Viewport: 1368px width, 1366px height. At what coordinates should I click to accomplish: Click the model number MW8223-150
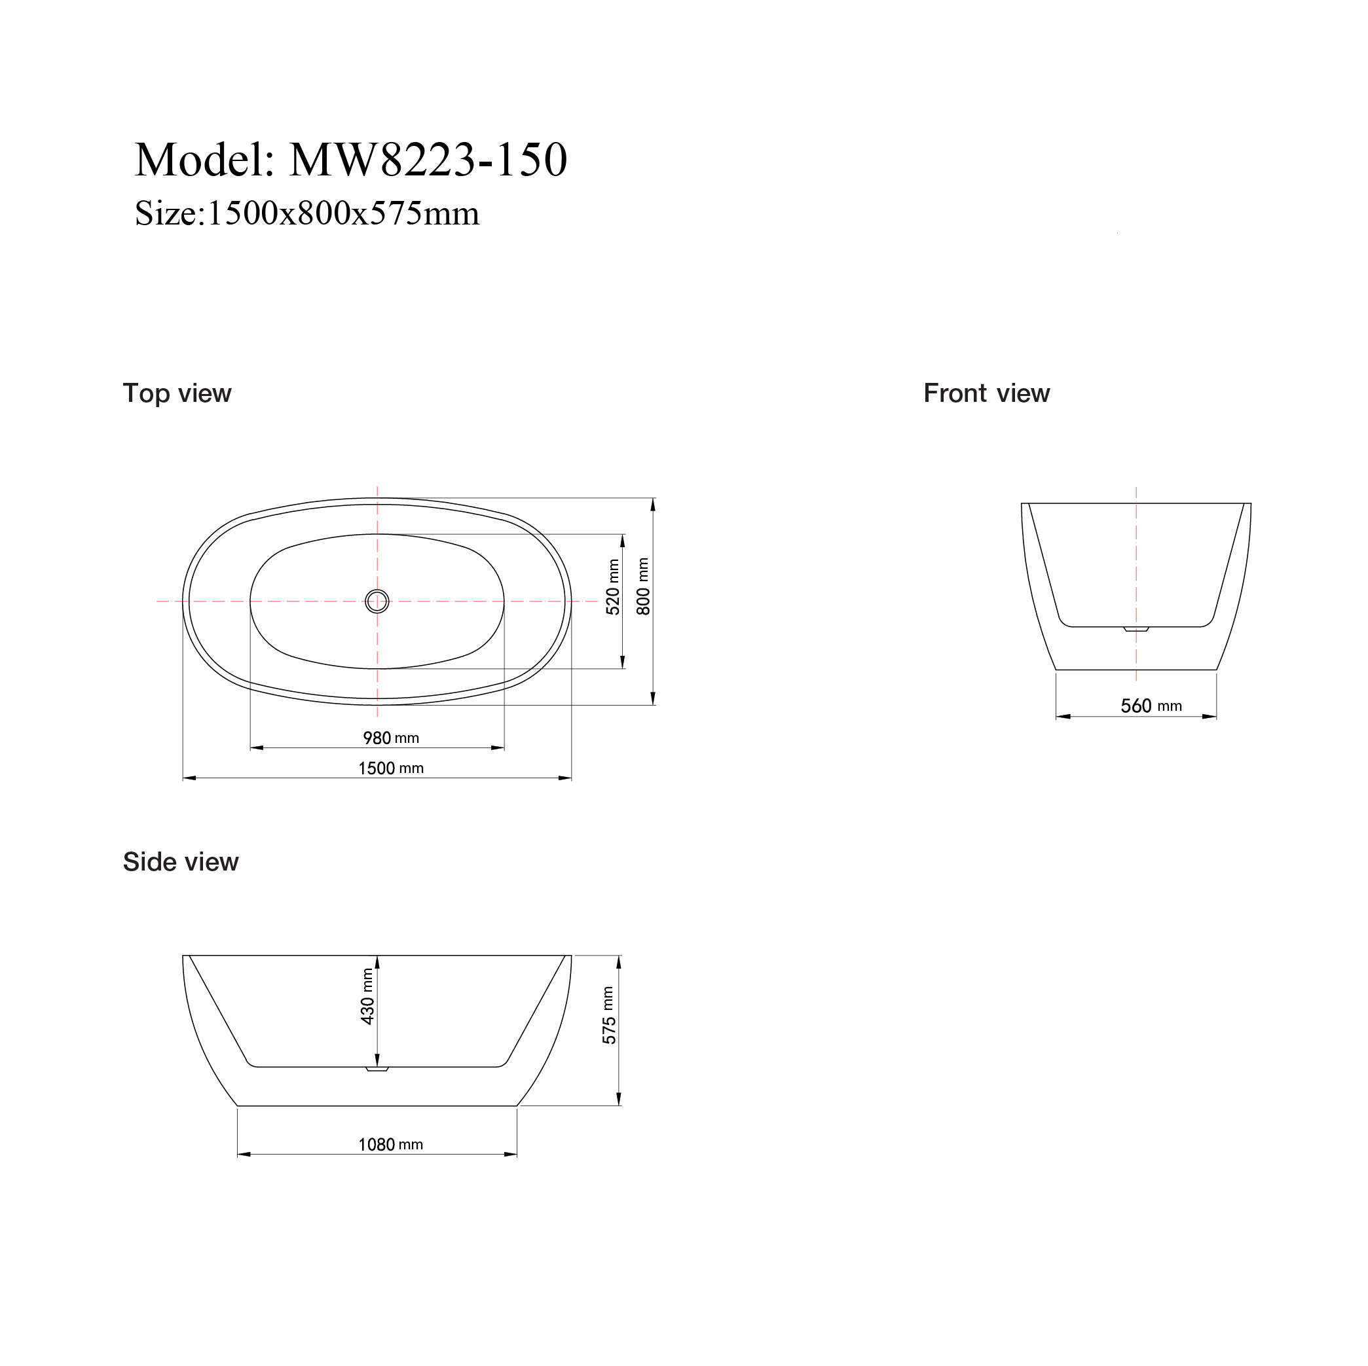coord(428,160)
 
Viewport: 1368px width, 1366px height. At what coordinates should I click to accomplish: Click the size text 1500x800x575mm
coord(342,214)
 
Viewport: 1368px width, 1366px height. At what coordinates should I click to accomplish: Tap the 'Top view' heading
coord(177,393)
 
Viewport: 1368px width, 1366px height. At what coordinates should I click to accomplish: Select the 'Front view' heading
coord(986,393)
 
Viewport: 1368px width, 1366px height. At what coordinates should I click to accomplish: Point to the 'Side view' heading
coord(181,862)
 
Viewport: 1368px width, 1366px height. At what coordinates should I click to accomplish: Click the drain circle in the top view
coord(377,602)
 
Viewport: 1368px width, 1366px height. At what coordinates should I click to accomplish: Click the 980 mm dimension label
coord(391,738)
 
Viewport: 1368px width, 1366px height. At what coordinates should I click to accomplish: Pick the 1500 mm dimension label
coord(391,768)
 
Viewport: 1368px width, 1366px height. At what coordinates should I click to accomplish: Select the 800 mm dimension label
coord(643,586)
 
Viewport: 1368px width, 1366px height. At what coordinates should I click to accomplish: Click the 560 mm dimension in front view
coord(1151,706)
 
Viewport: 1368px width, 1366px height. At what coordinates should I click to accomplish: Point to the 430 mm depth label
coord(367,997)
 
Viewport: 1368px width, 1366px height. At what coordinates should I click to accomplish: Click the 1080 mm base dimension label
coord(391,1145)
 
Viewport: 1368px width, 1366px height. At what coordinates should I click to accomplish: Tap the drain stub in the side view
coord(377,1069)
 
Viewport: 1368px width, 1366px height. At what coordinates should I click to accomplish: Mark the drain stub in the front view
coord(1136,628)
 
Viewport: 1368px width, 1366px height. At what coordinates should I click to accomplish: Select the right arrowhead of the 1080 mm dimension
coord(511,1155)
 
